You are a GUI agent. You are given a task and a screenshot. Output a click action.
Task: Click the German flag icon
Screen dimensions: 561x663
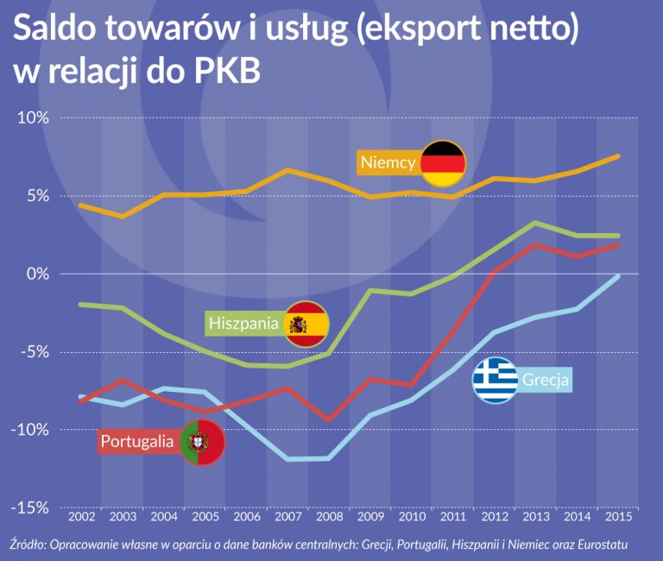point(443,162)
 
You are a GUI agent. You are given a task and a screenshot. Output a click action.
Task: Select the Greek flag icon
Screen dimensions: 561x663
point(495,379)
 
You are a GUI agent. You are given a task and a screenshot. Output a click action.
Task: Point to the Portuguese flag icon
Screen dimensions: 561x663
point(202,443)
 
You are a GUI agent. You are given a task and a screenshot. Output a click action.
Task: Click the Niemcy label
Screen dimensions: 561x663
point(388,162)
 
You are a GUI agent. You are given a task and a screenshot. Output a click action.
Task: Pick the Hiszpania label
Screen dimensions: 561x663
point(243,324)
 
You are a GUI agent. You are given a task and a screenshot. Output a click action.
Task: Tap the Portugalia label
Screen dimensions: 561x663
point(138,442)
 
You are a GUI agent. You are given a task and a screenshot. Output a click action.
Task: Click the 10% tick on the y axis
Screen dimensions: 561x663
point(33,117)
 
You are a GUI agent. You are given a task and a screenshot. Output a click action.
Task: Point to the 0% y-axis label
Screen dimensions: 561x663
point(37,274)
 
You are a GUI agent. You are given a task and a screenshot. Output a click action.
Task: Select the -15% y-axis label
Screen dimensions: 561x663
point(32,507)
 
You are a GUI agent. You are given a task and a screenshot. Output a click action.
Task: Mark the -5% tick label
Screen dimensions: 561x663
point(35,352)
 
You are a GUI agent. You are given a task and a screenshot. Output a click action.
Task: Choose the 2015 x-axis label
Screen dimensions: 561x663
point(617,517)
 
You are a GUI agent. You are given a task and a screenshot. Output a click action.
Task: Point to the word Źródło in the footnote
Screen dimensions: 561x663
point(30,545)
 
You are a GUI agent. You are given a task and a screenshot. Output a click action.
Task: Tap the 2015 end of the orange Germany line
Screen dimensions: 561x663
point(616,156)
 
